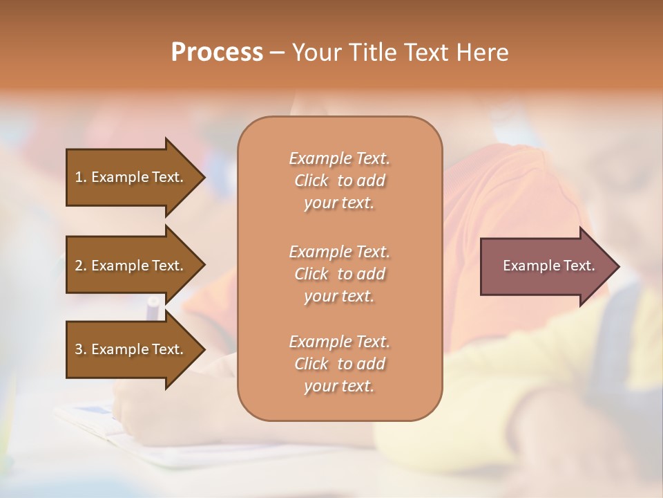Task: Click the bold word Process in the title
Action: point(217,53)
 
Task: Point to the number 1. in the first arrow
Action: point(81,177)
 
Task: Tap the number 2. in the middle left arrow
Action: point(81,266)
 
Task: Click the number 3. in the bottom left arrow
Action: point(81,349)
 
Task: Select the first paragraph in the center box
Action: point(339,181)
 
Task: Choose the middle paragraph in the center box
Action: point(339,273)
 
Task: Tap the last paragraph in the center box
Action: point(339,364)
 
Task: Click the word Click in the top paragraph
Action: point(311,181)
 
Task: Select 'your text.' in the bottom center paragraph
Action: point(339,387)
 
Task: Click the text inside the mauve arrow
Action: point(548,266)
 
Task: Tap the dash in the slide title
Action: point(277,53)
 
